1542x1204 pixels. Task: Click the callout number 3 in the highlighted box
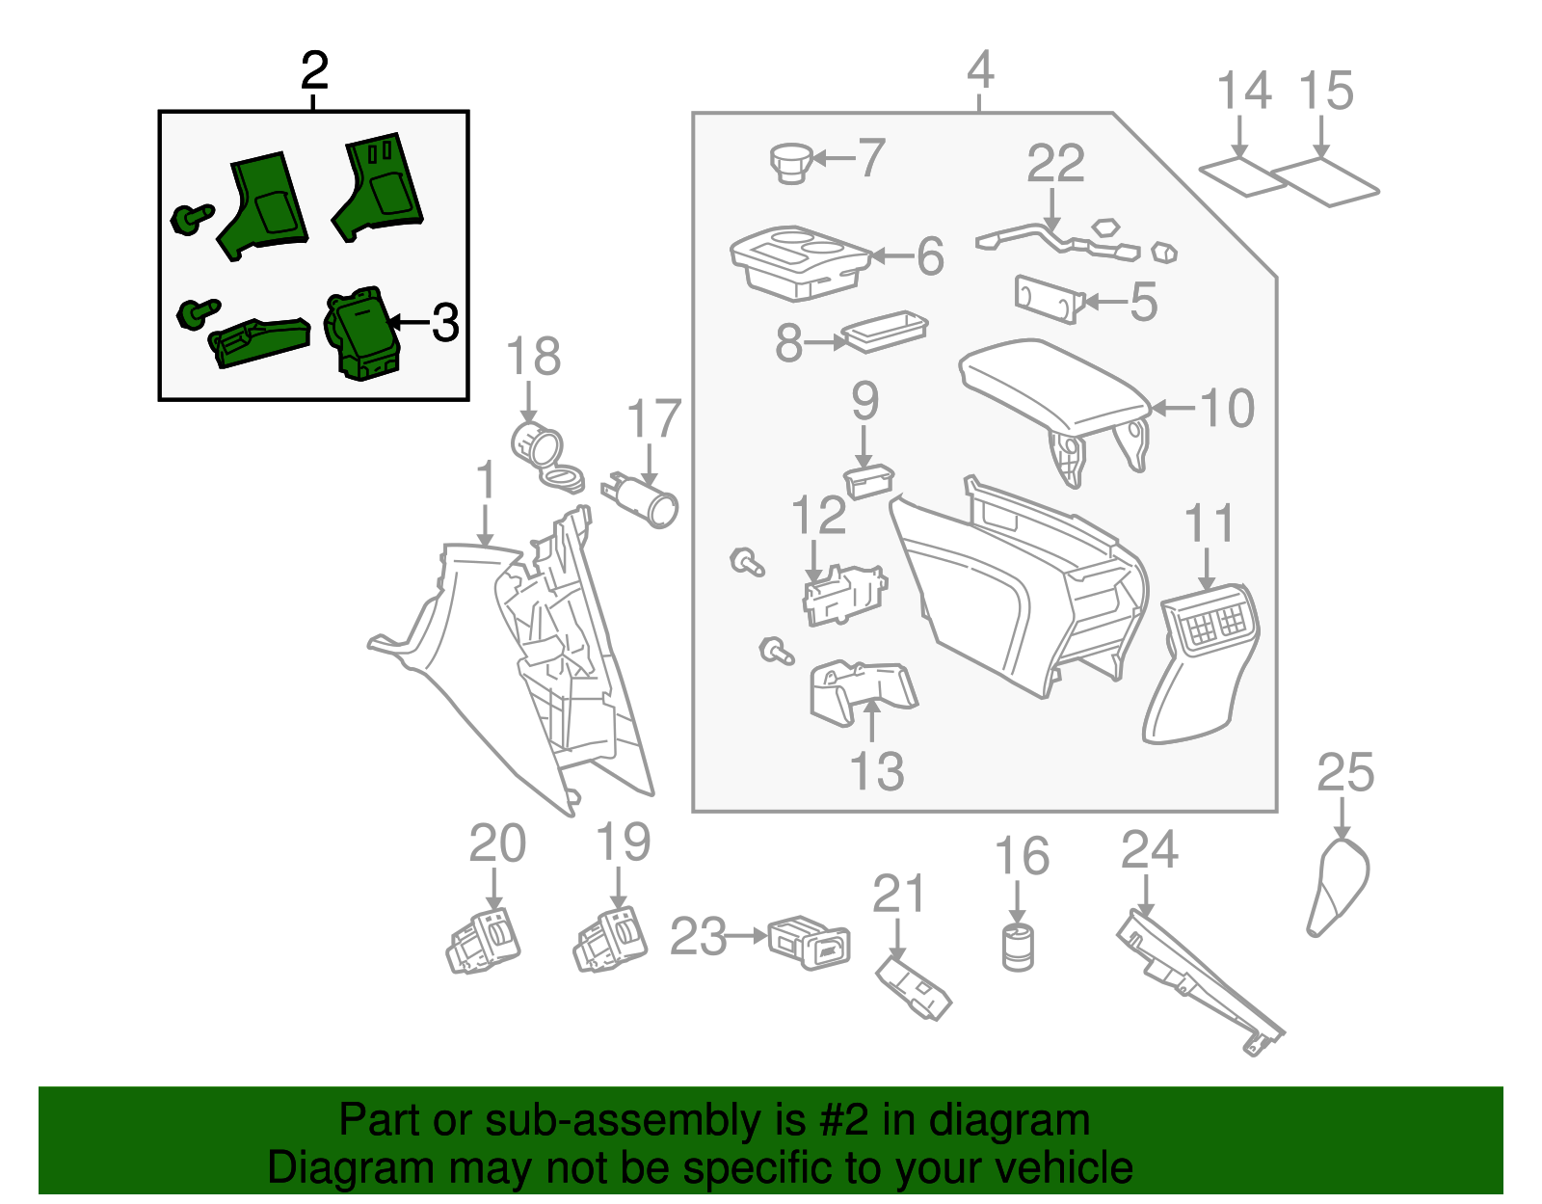coord(445,323)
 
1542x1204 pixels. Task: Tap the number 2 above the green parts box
coord(314,70)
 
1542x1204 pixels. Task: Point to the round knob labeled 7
coord(792,161)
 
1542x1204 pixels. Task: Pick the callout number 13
coord(877,771)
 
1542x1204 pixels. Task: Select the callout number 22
coord(1055,164)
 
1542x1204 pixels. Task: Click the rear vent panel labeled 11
coord(1200,665)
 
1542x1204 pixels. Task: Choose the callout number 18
coord(533,357)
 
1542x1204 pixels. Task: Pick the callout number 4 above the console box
coord(980,70)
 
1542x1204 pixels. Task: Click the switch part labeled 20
coord(484,940)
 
